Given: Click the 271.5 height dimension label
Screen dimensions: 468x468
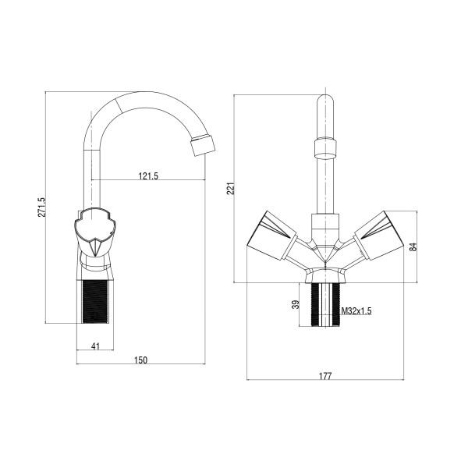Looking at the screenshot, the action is point(42,207).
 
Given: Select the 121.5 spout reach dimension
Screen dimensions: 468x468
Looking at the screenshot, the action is point(148,175).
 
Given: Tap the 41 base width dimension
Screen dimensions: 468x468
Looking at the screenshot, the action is point(95,346).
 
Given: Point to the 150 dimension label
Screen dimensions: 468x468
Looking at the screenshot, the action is point(140,360).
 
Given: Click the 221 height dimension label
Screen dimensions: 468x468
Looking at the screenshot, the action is point(231,188).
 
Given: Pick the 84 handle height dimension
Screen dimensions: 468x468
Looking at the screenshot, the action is point(413,246).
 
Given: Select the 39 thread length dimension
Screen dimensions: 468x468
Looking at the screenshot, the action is point(295,304).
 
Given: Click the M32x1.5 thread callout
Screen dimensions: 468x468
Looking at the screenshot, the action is point(356,311).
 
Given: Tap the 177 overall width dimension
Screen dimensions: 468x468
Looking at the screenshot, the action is point(325,376).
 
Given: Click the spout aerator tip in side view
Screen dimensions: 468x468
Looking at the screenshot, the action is point(203,145).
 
